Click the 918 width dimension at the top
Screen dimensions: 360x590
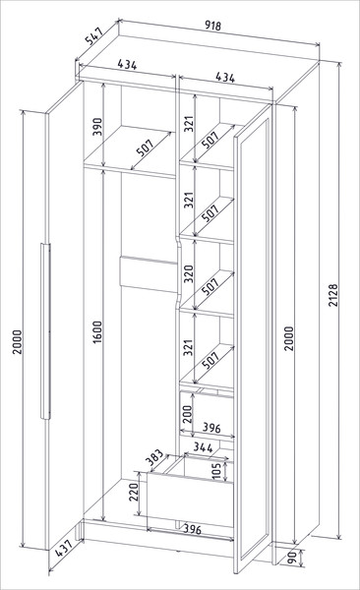(x=213, y=26)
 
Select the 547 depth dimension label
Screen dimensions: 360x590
(x=94, y=35)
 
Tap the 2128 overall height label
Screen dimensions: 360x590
(x=333, y=295)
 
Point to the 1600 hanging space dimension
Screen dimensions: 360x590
(x=97, y=331)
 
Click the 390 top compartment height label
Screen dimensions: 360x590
(x=97, y=127)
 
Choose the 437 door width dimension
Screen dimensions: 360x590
(x=64, y=549)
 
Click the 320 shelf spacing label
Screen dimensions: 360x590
(x=188, y=273)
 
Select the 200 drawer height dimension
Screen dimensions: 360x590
(x=188, y=414)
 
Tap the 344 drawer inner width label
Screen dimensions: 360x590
(x=203, y=447)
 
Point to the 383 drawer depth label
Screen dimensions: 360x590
(x=154, y=457)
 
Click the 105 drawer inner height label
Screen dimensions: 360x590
(x=216, y=471)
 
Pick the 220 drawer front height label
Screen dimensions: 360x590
(x=134, y=492)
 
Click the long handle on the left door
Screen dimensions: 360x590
(x=45, y=331)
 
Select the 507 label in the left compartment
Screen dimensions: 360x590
(x=145, y=147)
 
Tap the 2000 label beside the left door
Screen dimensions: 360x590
(x=18, y=341)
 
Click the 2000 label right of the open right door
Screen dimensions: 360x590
(x=288, y=338)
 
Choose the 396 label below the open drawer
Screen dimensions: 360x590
(x=192, y=529)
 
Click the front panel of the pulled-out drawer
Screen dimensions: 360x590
(x=190, y=500)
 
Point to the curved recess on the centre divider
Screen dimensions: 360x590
(x=179, y=269)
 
